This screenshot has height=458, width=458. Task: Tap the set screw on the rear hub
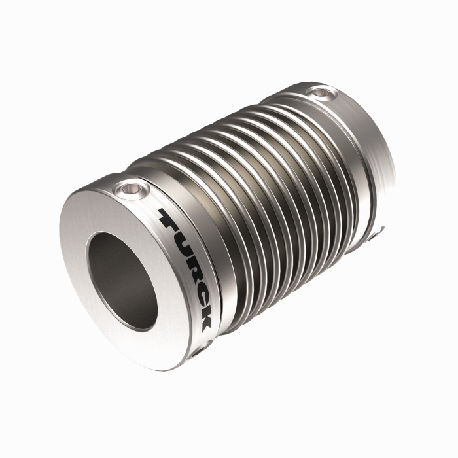320,92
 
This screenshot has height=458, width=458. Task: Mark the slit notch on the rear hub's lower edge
374,228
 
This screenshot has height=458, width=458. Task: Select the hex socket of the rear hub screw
320,92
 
